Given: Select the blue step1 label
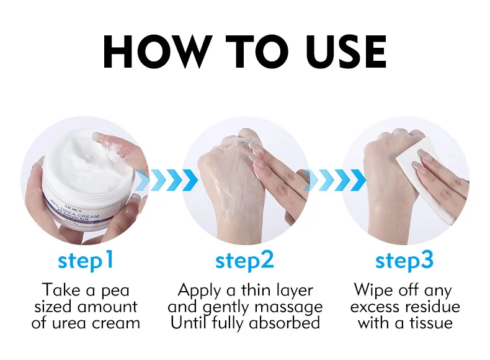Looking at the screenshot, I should tap(86, 261).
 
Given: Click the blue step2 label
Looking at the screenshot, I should tap(244, 261).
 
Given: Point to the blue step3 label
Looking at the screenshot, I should tap(404, 261).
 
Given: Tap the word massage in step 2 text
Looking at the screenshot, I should tap(290, 307).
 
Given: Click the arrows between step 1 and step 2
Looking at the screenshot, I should tap(166, 180).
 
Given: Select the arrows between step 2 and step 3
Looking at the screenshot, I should tap(327, 180).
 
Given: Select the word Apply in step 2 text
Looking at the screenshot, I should tap(200, 290).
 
